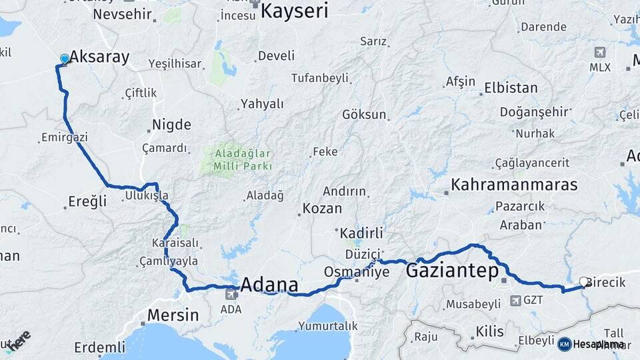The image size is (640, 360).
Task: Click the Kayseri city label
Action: [x=295, y=11]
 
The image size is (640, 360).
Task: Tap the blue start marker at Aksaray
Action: [x=64, y=59]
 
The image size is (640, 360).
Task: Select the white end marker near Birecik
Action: [x=584, y=282]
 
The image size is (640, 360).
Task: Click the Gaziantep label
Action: [x=452, y=271]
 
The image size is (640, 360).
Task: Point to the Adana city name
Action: [x=269, y=285]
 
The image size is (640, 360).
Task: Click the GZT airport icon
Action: [x=516, y=300]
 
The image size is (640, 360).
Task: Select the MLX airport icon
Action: [x=600, y=52]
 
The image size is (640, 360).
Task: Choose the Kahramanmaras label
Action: [x=513, y=185]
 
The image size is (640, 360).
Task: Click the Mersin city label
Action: [x=173, y=315]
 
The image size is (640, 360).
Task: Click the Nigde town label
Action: [x=171, y=125]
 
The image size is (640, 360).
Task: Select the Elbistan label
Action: [x=511, y=87]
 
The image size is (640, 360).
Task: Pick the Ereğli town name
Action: [x=88, y=201]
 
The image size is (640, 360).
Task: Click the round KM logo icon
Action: [x=565, y=343]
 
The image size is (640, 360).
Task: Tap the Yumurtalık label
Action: [x=328, y=326]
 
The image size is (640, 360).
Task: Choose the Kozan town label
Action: [x=322, y=209]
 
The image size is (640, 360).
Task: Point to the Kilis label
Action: [x=491, y=331]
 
